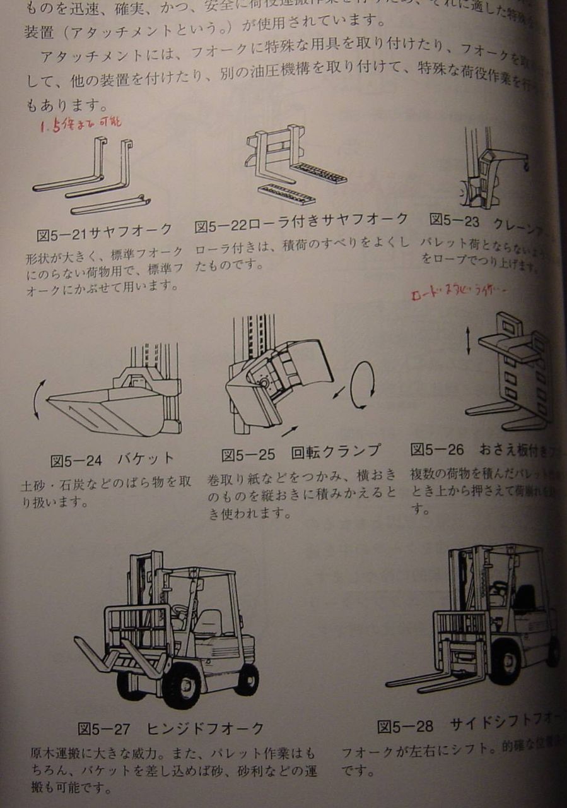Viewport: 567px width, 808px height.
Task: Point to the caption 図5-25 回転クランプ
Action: [301, 452]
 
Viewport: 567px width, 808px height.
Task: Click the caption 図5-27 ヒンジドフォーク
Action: [170, 728]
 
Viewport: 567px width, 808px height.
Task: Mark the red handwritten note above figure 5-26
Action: [459, 292]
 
